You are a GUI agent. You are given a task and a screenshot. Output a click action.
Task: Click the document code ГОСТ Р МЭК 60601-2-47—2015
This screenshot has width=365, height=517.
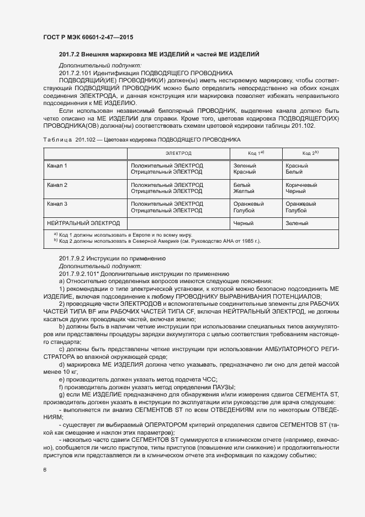point(88,37)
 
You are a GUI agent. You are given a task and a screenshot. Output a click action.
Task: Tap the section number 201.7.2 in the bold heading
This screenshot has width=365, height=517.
point(70,54)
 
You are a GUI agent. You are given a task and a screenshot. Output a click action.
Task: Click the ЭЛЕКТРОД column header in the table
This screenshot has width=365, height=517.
point(178,152)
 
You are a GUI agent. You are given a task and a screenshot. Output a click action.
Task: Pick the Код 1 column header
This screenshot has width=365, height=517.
point(255,152)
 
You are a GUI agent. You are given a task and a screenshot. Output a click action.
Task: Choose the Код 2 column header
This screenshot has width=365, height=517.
point(310,152)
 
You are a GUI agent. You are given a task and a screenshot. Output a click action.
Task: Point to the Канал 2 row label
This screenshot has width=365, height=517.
point(57,185)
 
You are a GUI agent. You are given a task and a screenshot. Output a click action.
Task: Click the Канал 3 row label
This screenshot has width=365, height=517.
point(57,204)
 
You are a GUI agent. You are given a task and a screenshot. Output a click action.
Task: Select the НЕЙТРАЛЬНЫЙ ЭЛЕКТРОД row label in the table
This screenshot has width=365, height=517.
point(83,223)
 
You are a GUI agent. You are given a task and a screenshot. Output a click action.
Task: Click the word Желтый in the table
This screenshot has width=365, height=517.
point(242,191)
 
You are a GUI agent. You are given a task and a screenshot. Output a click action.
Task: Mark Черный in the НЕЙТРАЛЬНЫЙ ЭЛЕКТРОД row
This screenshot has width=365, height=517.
point(244,223)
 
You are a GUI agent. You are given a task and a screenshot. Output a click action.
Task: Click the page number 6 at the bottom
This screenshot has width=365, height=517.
point(44,470)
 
